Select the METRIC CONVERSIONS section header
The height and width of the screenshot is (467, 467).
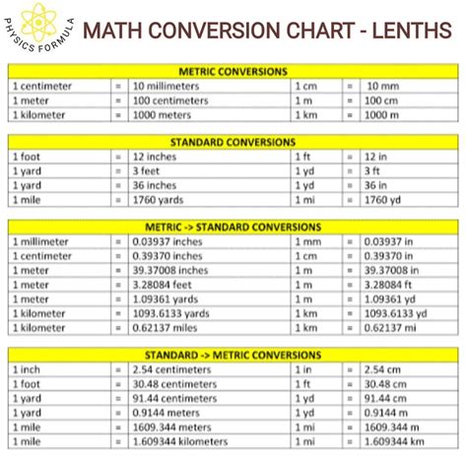coord(233,72)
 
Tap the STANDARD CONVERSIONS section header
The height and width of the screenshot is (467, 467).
coord(233,142)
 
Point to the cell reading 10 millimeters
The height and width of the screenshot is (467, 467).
coord(167,87)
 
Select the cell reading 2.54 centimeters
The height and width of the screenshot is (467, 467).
coord(173,369)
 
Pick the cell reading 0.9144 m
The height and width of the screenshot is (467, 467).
coord(386,412)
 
